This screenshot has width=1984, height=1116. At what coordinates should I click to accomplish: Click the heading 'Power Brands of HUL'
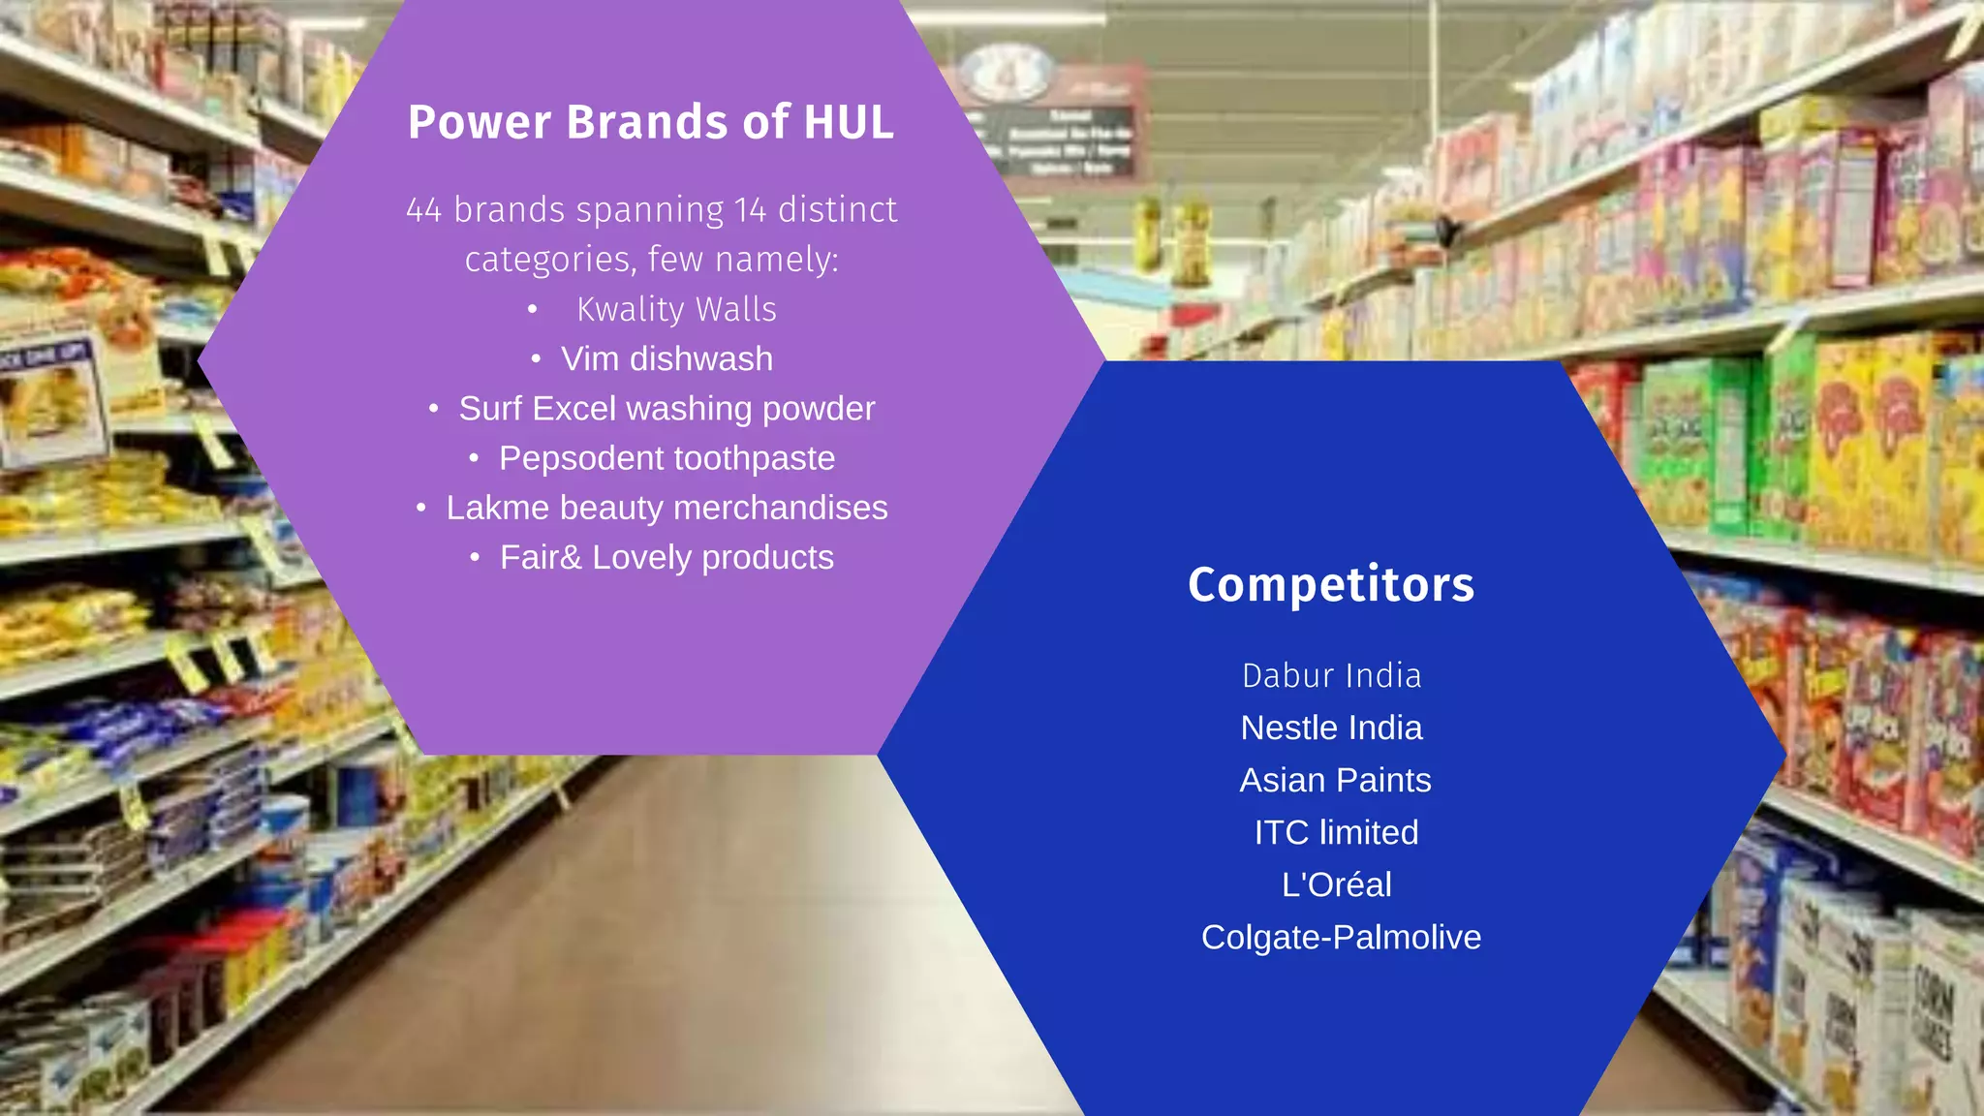tap(650, 123)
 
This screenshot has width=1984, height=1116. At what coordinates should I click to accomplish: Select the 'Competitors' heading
tap(1331, 585)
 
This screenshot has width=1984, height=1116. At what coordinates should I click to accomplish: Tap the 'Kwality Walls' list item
tap(676, 310)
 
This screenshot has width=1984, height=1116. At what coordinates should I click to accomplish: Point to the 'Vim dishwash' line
tap(666, 359)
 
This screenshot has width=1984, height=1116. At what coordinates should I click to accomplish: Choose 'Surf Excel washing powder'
tap(666, 409)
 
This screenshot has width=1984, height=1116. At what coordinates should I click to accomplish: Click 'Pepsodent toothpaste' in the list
tap(666, 458)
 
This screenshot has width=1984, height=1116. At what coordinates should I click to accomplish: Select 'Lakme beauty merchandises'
tap(666, 508)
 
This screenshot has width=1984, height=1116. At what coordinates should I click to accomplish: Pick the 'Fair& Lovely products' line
tap(666, 558)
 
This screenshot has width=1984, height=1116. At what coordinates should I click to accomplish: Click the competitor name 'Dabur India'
tap(1332, 676)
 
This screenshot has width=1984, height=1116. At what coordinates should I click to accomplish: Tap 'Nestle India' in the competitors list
tap(1332, 728)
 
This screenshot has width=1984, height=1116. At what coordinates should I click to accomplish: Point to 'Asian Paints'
tap(1335, 781)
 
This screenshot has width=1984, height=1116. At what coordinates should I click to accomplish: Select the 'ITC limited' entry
tap(1336, 833)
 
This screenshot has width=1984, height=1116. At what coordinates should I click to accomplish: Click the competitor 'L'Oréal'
tap(1337, 885)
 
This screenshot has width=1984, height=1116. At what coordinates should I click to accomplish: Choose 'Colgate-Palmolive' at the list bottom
tap(1341, 938)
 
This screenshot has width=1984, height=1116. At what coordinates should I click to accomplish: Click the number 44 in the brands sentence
tap(424, 210)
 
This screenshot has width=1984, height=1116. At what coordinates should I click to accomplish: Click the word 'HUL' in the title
tap(849, 123)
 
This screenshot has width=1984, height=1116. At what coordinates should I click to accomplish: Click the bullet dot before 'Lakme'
tap(421, 509)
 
